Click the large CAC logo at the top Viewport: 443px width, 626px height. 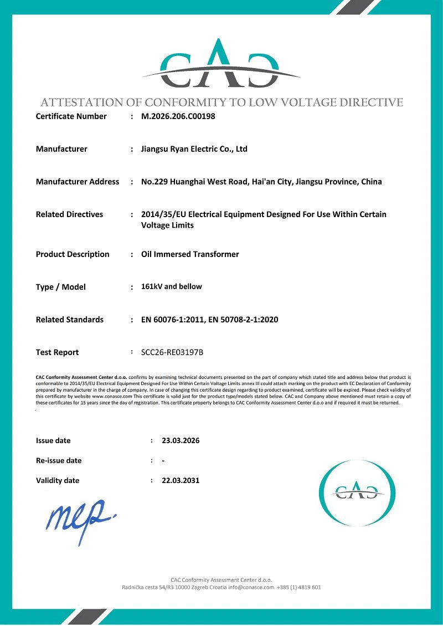point(221,65)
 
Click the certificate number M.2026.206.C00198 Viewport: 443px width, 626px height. point(178,116)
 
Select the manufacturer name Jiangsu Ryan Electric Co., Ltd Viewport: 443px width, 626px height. point(194,149)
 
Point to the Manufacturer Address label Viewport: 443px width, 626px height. point(78,182)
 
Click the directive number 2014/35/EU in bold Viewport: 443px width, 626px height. point(163,214)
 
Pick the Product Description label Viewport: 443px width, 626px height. point(73,254)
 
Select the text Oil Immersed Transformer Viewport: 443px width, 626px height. point(190,254)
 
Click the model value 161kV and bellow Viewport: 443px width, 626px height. point(172,286)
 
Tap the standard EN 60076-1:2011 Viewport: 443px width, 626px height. point(172,320)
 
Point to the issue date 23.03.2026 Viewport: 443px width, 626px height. point(181,441)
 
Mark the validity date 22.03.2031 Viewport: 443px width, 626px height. point(181,481)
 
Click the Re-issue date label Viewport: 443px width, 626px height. point(59,461)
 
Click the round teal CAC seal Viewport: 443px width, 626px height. point(357,492)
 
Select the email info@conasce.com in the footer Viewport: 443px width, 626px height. point(251,587)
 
